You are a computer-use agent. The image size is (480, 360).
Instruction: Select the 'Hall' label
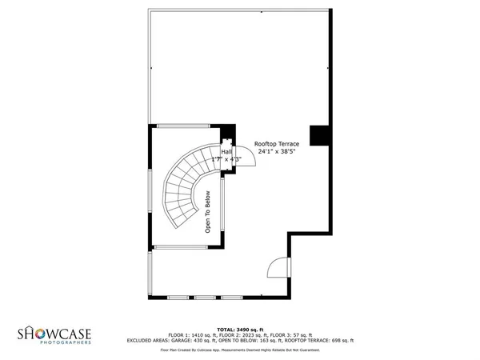tap(226, 152)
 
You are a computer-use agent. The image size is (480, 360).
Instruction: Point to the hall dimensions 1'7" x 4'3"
tap(226, 159)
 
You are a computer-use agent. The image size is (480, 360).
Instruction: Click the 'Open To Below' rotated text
tap(207, 213)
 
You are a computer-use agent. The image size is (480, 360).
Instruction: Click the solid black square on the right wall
tap(320, 135)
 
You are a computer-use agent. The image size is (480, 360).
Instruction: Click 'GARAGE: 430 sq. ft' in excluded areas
tap(205, 340)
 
